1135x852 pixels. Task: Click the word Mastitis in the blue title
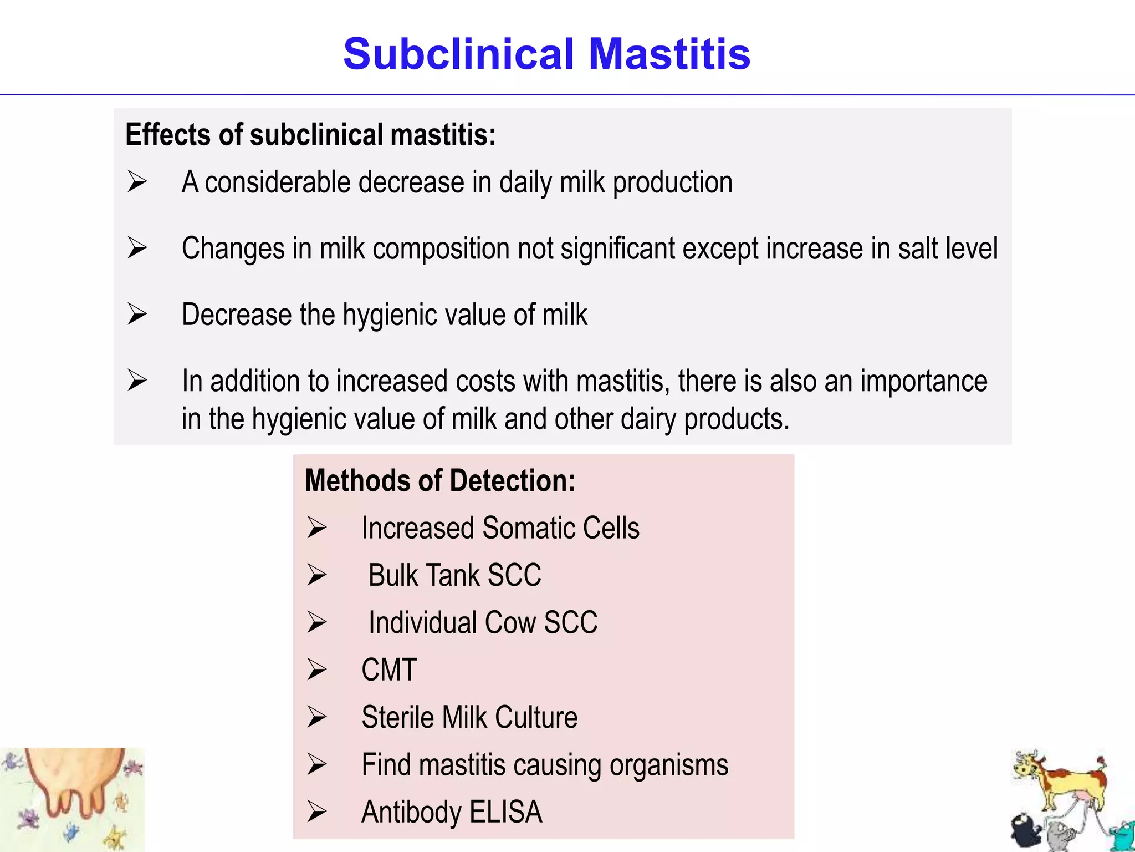pos(669,54)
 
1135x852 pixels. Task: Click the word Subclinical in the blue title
pos(458,54)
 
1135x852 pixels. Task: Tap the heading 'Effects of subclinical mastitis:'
pos(310,135)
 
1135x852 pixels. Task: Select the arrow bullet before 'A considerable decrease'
pos(137,181)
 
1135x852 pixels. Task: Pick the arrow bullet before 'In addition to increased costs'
pos(137,381)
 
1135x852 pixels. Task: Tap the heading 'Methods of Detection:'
pos(440,480)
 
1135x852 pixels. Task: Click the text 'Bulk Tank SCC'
pos(454,575)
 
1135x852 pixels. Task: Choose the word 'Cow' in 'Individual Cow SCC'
pos(510,622)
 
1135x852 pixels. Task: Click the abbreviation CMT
pos(389,670)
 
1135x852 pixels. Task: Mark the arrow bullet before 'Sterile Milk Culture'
pos(317,717)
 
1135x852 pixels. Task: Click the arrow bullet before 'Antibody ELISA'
pos(317,812)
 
